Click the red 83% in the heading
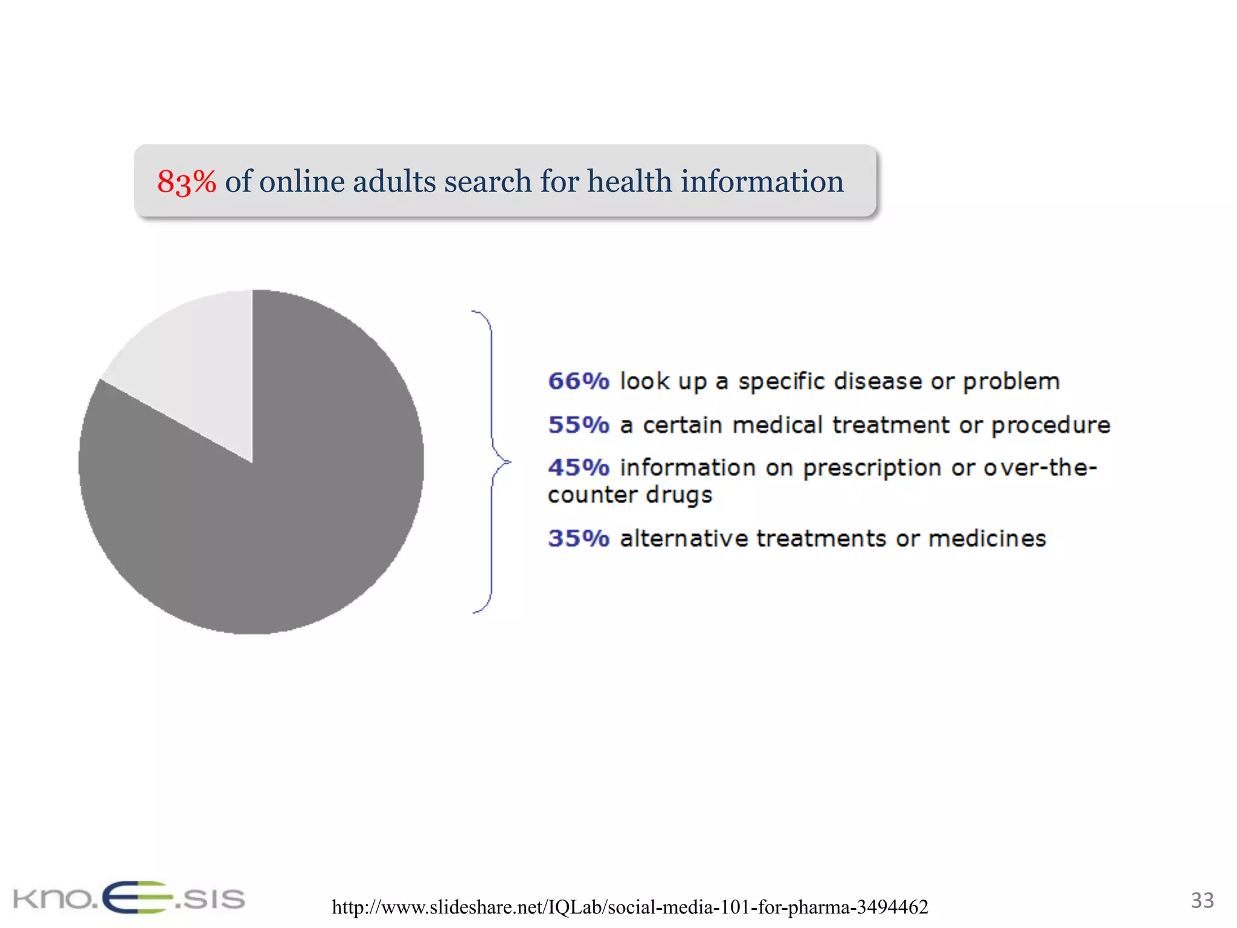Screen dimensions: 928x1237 (186, 181)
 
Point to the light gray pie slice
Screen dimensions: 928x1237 (193, 362)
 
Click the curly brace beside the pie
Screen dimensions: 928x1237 (492, 462)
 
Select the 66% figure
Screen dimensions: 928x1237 (579, 381)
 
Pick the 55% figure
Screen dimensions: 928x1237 (579, 425)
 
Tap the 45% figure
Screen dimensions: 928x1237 (579, 468)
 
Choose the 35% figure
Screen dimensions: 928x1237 (579, 538)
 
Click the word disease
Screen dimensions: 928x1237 (877, 381)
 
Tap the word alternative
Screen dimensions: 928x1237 (684, 538)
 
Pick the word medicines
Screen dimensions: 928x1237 (987, 538)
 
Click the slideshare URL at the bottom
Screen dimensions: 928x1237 (630, 907)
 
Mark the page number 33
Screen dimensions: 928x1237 (1202, 900)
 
